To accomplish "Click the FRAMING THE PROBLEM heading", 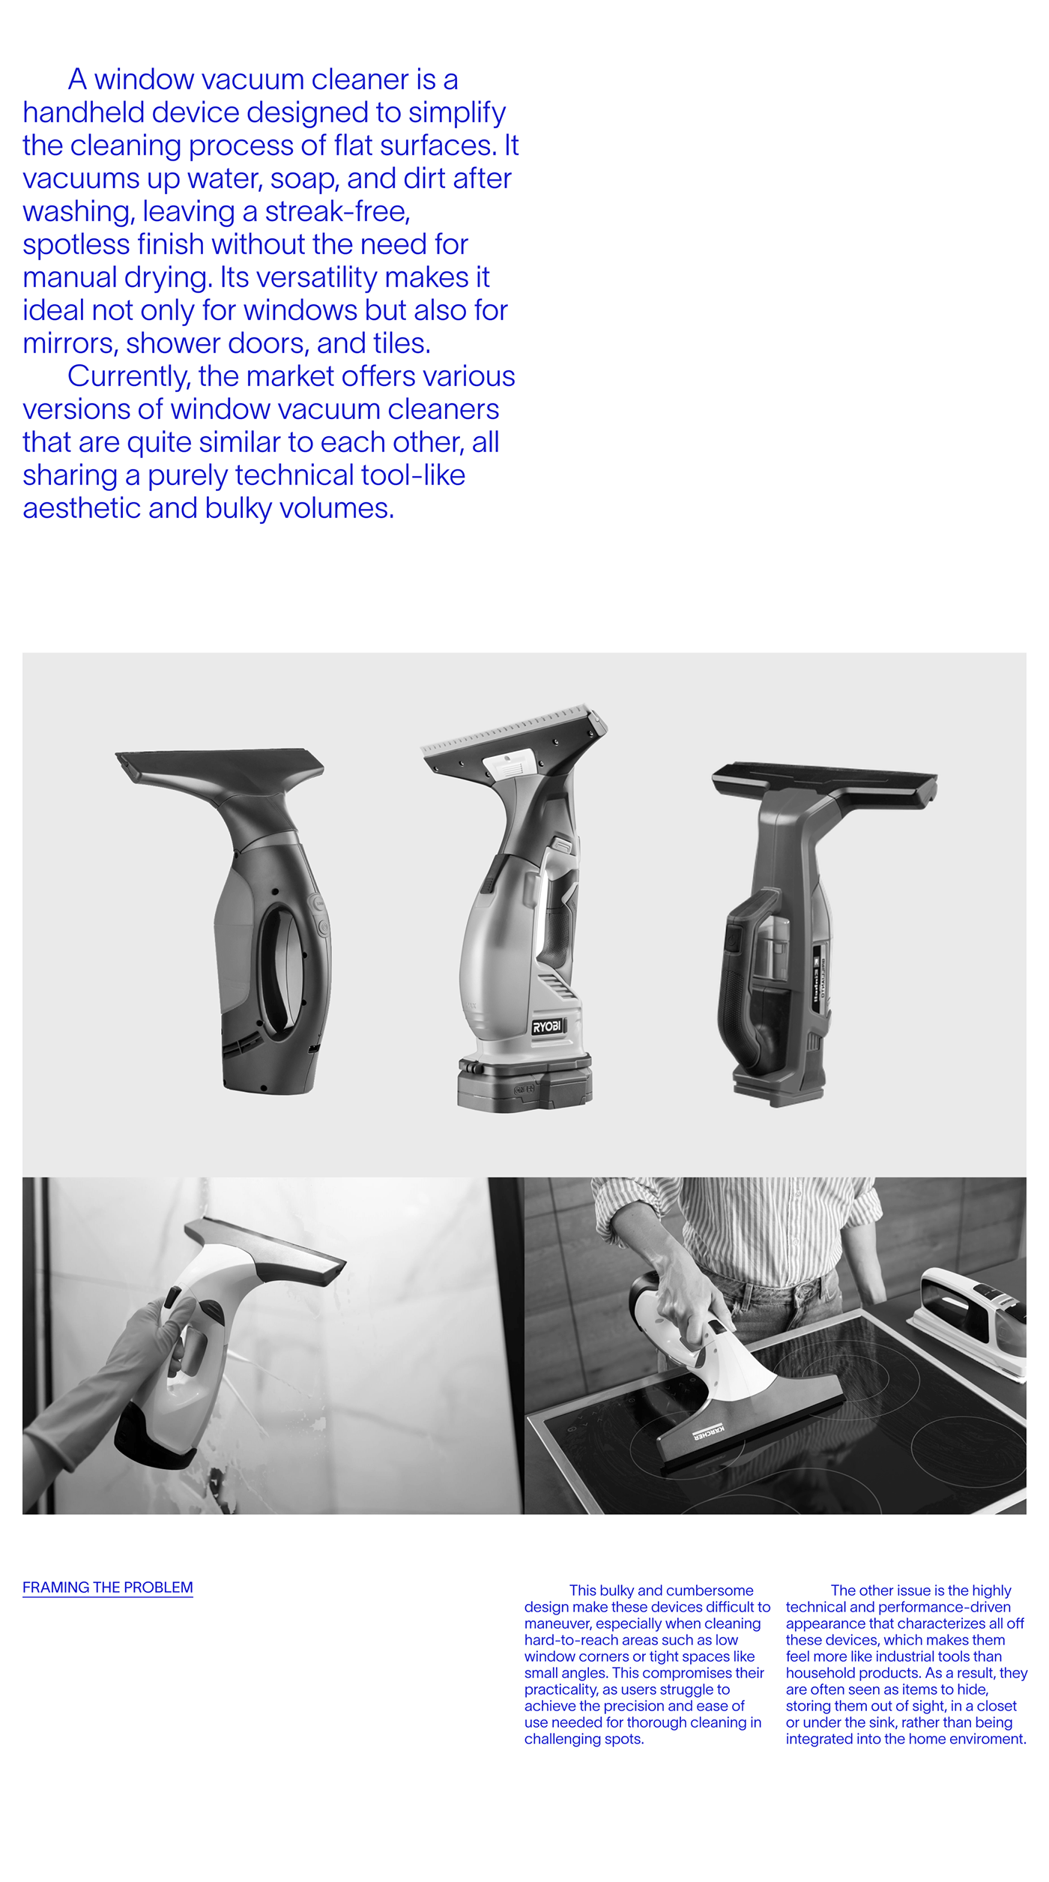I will [107, 1587].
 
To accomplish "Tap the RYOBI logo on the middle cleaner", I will [547, 1027].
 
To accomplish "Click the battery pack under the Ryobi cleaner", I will [524, 1083].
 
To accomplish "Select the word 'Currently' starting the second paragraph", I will [127, 377].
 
